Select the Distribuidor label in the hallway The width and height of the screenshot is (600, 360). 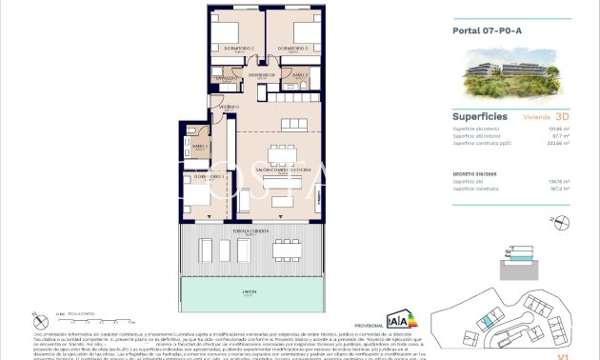(x=262, y=73)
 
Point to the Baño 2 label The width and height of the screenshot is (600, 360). (x=298, y=74)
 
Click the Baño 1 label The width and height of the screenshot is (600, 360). (x=199, y=146)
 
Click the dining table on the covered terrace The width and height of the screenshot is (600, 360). (x=286, y=250)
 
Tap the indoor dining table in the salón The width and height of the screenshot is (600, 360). (x=282, y=154)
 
